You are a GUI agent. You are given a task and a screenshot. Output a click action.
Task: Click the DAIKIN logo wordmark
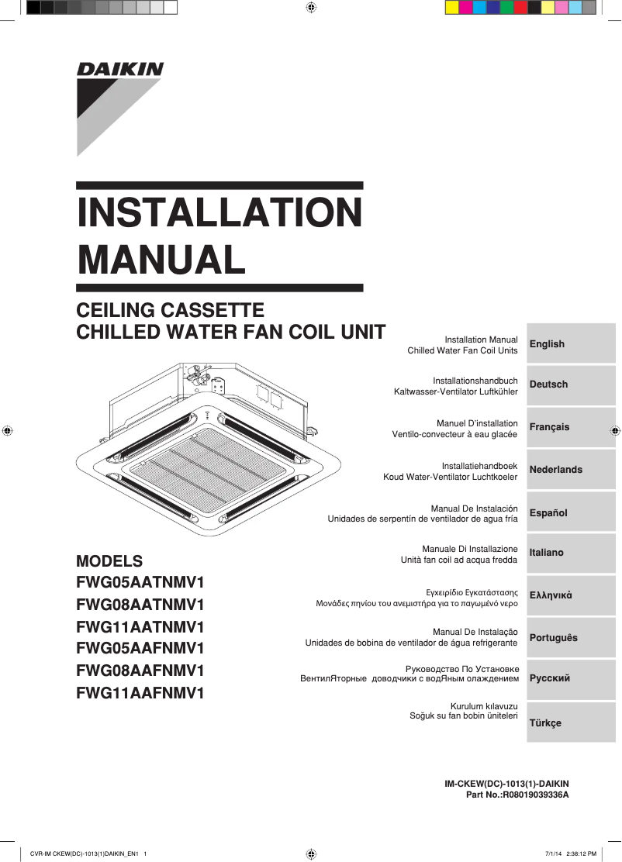120,70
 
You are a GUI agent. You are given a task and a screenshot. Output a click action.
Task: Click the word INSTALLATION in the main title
219,213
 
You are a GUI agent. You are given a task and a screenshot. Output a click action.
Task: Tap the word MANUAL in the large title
161,260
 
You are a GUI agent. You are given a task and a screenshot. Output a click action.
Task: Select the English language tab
571,344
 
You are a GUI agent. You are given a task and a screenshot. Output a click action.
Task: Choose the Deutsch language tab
571,384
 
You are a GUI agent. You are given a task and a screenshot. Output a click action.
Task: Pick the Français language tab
571,427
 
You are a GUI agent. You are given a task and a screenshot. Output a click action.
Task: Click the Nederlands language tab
571,470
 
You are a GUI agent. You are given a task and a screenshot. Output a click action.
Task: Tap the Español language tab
571,513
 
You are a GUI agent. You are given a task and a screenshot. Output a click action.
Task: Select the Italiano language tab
571,553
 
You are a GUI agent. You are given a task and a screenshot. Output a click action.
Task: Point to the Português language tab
571,638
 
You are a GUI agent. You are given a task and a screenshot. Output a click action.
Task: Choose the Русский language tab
571,678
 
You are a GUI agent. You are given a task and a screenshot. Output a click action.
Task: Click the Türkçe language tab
571,723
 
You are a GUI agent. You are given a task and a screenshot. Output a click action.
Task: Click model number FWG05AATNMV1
140,582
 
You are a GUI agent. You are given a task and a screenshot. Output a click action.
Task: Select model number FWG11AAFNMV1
140,693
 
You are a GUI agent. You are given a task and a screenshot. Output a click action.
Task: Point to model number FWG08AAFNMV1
140,671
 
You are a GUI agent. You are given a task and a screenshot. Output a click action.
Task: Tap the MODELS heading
109,561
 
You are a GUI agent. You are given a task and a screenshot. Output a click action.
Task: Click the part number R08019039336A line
517,795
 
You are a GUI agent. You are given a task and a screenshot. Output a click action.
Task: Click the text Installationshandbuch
475,381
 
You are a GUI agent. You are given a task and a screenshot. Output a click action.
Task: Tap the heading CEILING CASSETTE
170,311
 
